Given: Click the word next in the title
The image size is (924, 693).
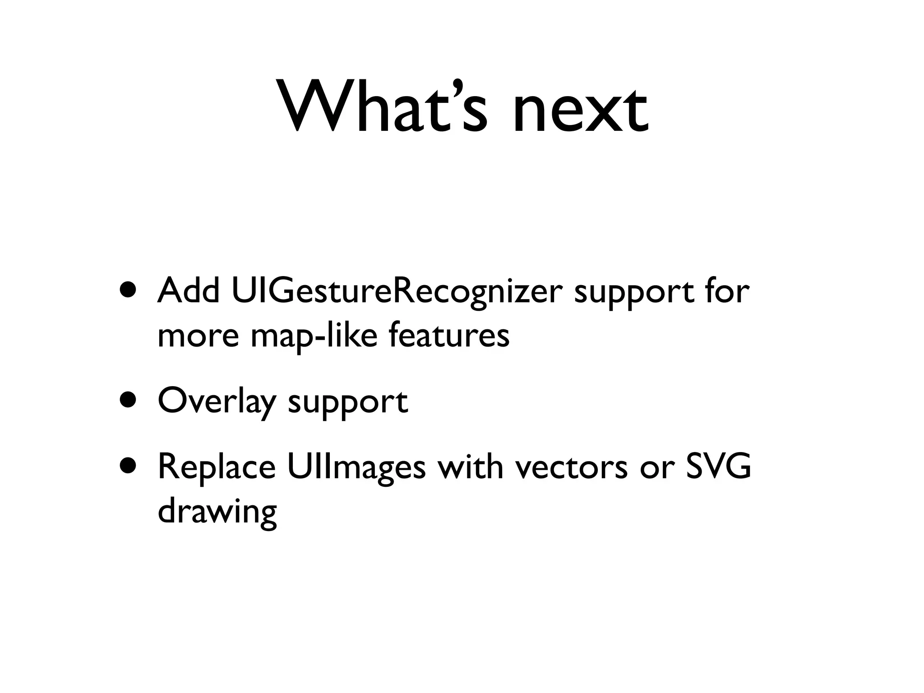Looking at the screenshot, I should click(581, 111).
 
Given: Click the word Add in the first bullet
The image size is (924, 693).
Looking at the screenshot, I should click(189, 291).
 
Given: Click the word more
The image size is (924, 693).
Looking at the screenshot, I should click(198, 336).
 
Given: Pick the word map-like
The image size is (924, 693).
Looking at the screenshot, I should click(314, 336).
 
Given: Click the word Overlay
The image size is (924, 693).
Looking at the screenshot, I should click(217, 402).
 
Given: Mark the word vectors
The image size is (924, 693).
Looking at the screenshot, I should click(571, 467).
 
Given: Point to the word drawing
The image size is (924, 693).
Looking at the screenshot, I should click(217, 513).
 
